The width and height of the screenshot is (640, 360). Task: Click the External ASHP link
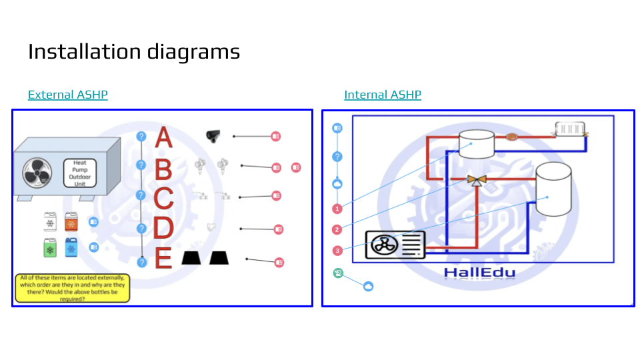67,95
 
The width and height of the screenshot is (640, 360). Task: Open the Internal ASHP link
383,95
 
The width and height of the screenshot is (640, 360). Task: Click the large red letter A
163,137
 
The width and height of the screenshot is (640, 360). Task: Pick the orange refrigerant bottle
71,222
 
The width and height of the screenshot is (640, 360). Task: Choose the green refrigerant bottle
49,247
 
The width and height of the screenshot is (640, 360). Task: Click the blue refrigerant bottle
71,247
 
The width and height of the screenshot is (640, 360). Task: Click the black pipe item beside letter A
213,135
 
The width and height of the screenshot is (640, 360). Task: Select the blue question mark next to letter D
141,229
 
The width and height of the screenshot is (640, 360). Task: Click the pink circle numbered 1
337,209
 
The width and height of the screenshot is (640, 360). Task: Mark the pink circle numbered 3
337,251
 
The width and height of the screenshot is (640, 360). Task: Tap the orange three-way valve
476,179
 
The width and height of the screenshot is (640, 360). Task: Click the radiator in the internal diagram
570,129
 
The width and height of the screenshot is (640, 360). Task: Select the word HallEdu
479,272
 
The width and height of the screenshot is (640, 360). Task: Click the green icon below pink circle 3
338,273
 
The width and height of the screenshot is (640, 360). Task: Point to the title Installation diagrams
134,51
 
